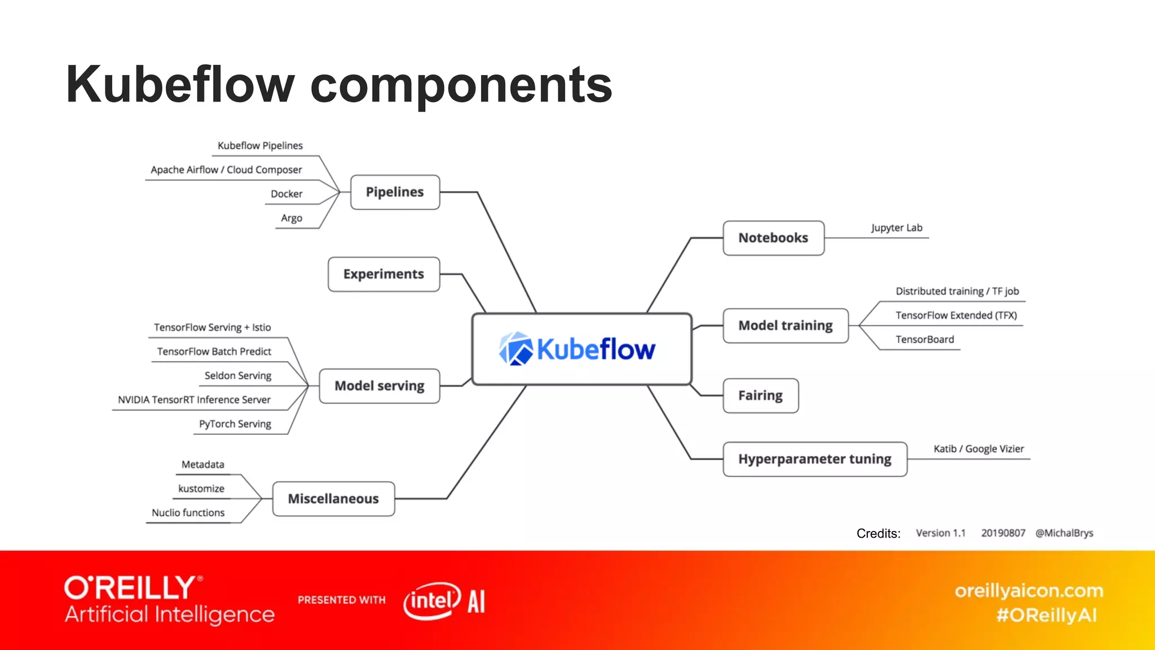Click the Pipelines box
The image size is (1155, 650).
[x=395, y=192]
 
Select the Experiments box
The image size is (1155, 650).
[x=383, y=274]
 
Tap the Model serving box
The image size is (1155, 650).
[x=379, y=386]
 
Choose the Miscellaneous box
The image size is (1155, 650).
[x=333, y=499]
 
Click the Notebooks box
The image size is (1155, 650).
[x=773, y=238]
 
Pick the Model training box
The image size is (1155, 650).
[x=785, y=326]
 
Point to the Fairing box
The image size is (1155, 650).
[x=760, y=396]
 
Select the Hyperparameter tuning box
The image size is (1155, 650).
[x=814, y=459]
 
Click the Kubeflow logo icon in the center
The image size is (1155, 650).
[x=515, y=349]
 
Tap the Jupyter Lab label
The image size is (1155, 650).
[x=897, y=228]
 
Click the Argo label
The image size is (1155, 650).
[x=292, y=218]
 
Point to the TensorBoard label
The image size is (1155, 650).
[x=925, y=340]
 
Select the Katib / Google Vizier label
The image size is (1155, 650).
[x=978, y=449]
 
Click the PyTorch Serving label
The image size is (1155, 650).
[x=235, y=424]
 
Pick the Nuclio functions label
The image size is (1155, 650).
[x=188, y=513]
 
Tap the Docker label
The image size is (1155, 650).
[x=286, y=194]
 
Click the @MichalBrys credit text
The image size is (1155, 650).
[x=1064, y=533]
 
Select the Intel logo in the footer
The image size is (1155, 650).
[x=432, y=601]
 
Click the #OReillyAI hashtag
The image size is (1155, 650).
[x=1047, y=615]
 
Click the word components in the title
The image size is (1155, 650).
[x=461, y=86]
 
